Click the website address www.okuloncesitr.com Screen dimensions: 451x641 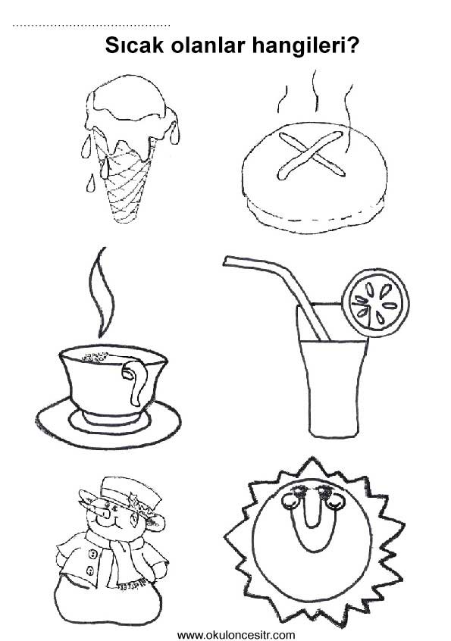[x=236, y=635]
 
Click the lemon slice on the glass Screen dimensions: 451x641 [x=375, y=302]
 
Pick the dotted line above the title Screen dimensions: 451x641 [x=91, y=26]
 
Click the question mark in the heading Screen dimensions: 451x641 [x=353, y=45]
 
